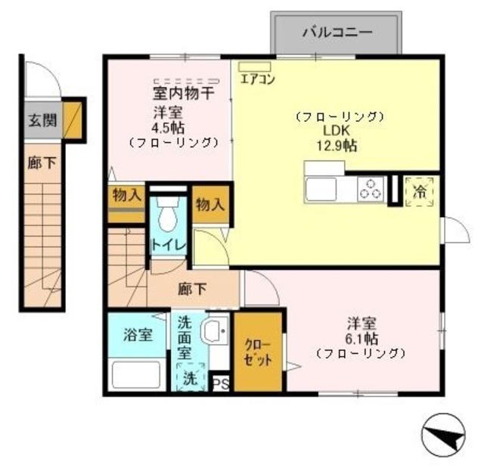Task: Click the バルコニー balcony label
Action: pyautogui.click(x=337, y=33)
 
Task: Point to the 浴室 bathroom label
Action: pyautogui.click(x=138, y=333)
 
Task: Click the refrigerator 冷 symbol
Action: pyautogui.click(x=419, y=191)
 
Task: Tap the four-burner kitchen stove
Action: pyautogui.click(x=371, y=188)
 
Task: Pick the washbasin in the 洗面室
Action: pyautogui.click(x=216, y=331)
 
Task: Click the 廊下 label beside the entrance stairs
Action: pyautogui.click(x=35, y=163)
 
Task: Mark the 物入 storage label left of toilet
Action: pyautogui.click(x=126, y=194)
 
